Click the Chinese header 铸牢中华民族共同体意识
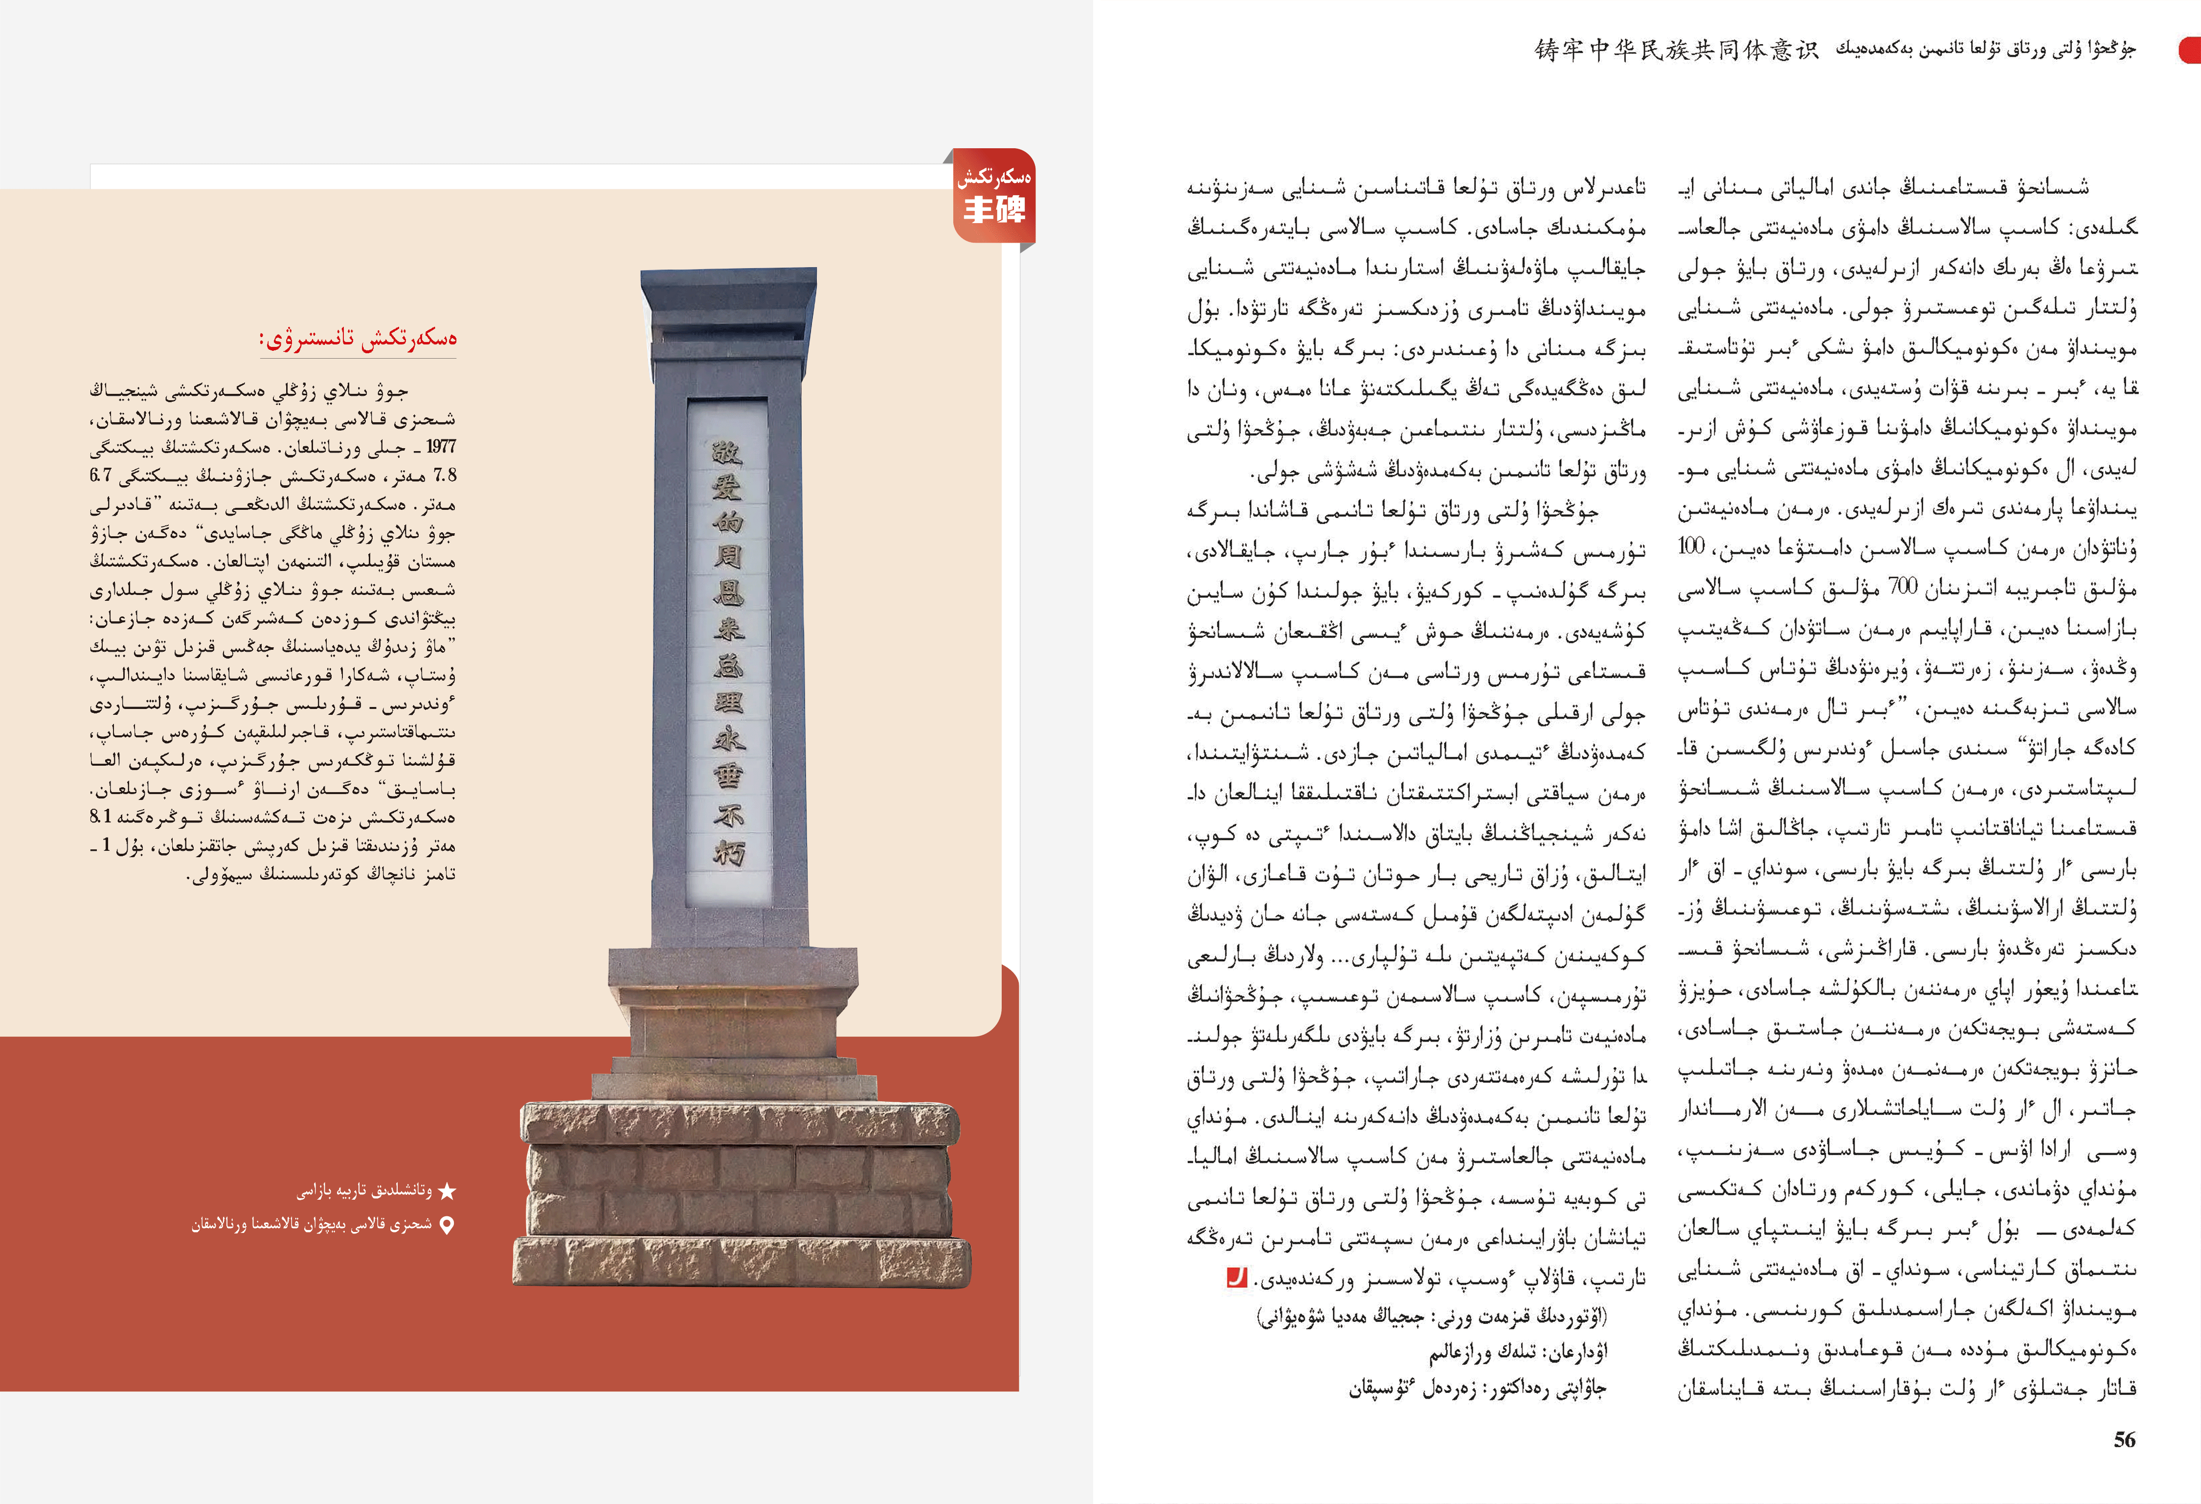click(x=1676, y=49)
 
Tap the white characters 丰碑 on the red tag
click(x=994, y=209)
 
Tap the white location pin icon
click(x=447, y=1225)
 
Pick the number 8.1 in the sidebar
click(x=101, y=817)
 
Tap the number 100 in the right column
click(x=1690, y=547)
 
